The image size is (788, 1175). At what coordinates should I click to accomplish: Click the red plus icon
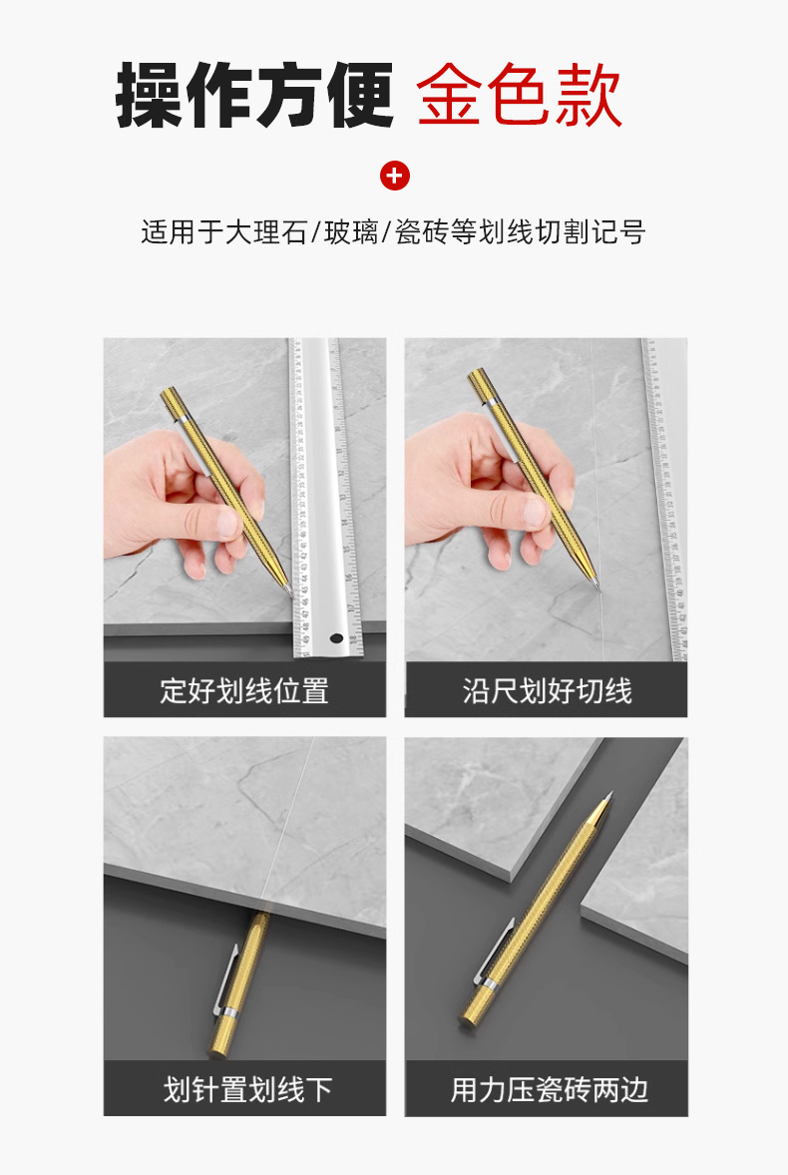coord(395,177)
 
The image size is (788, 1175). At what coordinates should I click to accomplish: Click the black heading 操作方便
coord(254,96)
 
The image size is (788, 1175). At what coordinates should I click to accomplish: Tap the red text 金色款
coord(519,95)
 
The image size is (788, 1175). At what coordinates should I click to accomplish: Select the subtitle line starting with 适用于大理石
coord(393,232)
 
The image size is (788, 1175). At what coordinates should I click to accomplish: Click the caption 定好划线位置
coord(244,690)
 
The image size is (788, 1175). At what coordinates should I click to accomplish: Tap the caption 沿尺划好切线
coord(547,690)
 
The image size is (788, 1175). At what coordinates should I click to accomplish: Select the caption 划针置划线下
coord(247,1089)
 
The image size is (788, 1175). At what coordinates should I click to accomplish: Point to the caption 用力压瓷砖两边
coord(549,1089)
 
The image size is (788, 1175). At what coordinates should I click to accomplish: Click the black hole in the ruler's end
coord(336,639)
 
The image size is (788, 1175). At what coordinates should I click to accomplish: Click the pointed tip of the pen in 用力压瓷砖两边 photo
coord(611,794)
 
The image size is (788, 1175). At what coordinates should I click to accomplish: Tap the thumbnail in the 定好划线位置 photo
coord(227,522)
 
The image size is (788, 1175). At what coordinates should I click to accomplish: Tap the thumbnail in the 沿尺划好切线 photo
coord(534,512)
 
